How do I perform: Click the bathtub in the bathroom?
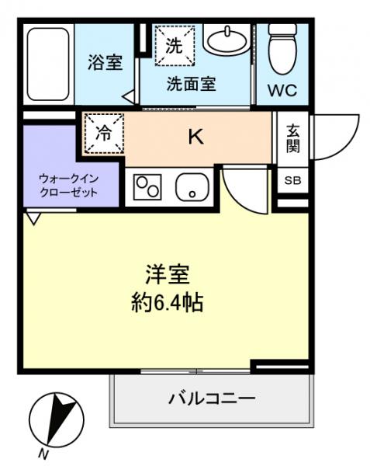(x=48, y=66)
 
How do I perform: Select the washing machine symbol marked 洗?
(x=175, y=45)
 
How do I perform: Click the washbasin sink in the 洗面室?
(x=229, y=39)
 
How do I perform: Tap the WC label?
(x=282, y=90)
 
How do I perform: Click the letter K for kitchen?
(x=195, y=138)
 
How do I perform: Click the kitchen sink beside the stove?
(x=190, y=187)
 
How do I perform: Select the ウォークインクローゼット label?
(x=70, y=185)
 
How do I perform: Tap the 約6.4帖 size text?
(x=168, y=302)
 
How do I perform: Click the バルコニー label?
(x=212, y=399)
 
